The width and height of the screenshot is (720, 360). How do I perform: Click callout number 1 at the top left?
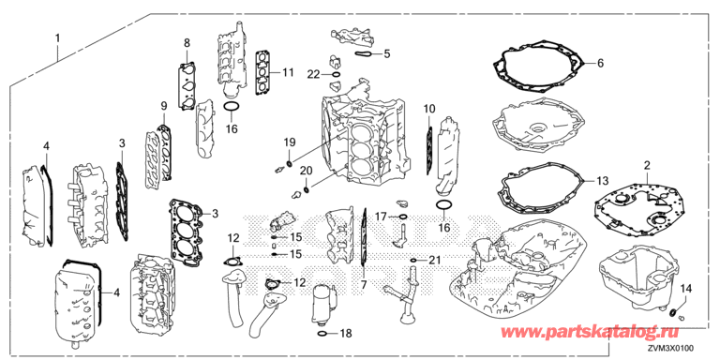(57, 38)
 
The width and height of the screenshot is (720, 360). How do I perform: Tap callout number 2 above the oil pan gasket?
(646, 165)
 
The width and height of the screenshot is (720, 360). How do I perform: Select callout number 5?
(386, 53)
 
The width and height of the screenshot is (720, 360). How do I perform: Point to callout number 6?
(600, 64)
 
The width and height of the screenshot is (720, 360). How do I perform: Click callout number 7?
(363, 286)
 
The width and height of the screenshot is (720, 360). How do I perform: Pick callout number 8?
(187, 43)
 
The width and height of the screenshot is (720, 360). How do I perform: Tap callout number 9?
(163, 107)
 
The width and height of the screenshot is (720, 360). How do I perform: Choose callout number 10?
(428, 110)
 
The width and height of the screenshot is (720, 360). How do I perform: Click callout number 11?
(288, 72)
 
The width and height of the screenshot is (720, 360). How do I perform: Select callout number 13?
(602, 179)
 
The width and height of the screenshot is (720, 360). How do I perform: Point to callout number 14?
(685, 289)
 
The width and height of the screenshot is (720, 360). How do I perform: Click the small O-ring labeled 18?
(322, 333)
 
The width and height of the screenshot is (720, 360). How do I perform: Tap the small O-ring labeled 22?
(337, 74)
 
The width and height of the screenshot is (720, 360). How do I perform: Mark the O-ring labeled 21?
(413, 261)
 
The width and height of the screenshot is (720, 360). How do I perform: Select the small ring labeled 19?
(290, 163)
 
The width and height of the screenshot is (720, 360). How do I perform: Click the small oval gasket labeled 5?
(363, 54)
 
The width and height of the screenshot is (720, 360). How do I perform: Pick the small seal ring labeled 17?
(403, 217)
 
